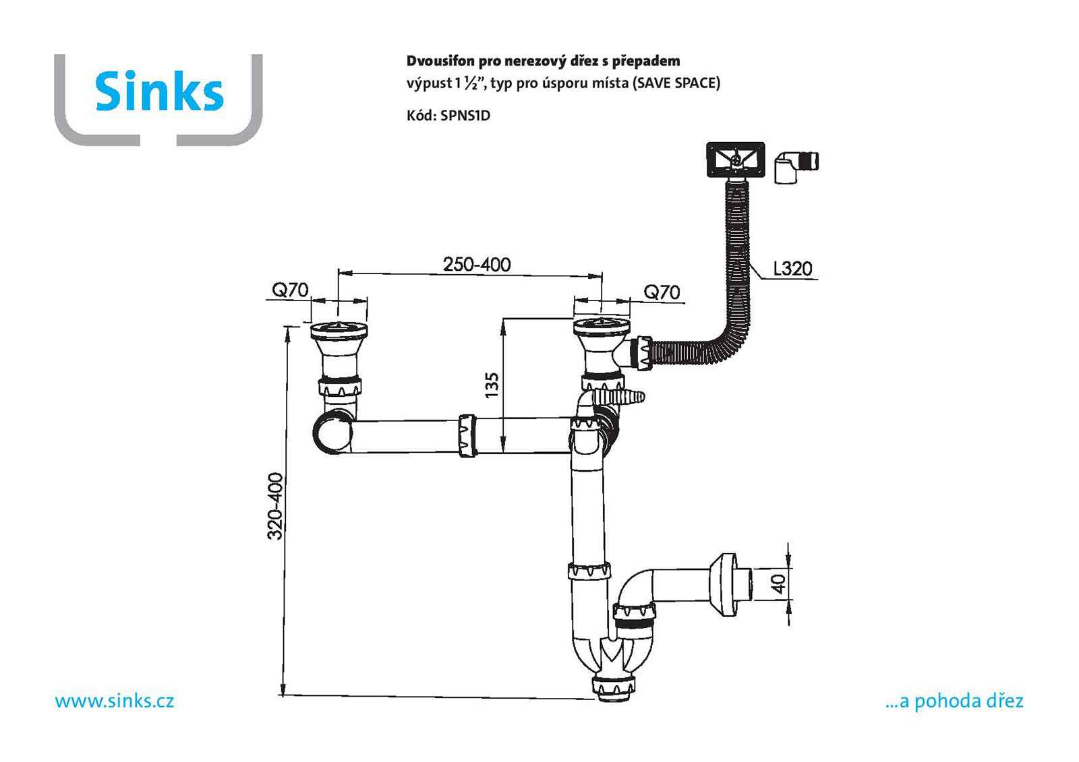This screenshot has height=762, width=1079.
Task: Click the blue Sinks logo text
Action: [x=159, y=92]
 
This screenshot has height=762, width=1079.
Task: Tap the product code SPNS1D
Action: [x=465, y=115]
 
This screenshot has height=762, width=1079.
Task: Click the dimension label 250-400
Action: [x=477, y=264]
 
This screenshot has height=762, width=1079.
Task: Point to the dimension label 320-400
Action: [x=275, y=507]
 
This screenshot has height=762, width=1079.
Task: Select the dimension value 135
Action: [x=492, y=385]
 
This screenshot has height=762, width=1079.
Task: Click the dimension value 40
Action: [x=779, y=583]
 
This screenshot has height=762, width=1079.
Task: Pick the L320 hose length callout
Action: [x=792, y=269]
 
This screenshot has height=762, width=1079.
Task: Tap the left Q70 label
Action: [x=290, y=290]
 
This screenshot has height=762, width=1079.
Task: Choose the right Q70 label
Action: [x=662, y=292]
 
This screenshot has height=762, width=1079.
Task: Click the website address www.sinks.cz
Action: [x=115, y=701]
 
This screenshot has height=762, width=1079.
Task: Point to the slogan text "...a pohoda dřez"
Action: [x=954, y=701]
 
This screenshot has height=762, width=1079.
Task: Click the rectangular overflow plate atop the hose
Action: [x=735, y=160]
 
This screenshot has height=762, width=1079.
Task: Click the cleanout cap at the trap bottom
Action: [x=613, y=687]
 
